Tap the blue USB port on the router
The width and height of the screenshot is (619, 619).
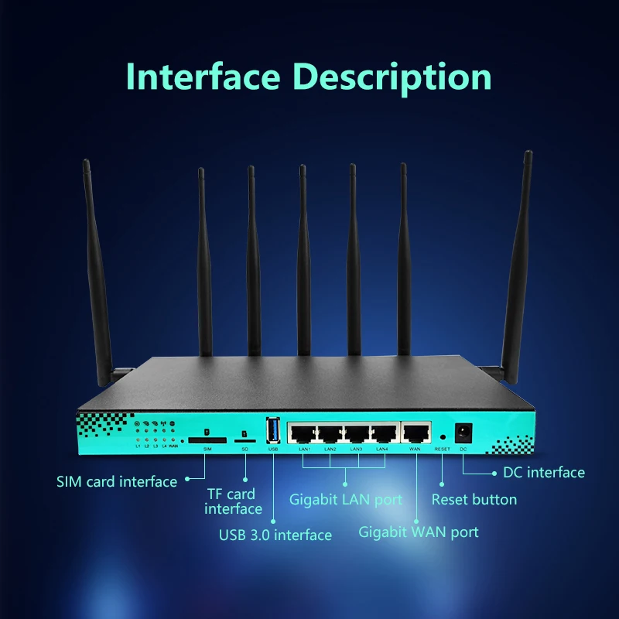point(273,431)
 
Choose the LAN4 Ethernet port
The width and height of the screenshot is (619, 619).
point(384,434)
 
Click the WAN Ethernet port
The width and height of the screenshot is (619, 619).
point(416,434)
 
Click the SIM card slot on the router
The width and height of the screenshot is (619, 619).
point(208,439)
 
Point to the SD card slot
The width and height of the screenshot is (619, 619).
point(245,439)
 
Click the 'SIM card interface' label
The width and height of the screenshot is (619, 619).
point(117,481)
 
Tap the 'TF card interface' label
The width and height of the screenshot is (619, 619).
point(233,501)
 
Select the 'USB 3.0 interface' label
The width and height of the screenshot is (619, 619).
point(275,535)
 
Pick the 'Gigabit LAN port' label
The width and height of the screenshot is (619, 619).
point(346,500)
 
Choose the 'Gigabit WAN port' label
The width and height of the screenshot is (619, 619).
point(419,532)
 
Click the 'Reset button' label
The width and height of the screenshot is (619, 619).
point(474,500)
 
